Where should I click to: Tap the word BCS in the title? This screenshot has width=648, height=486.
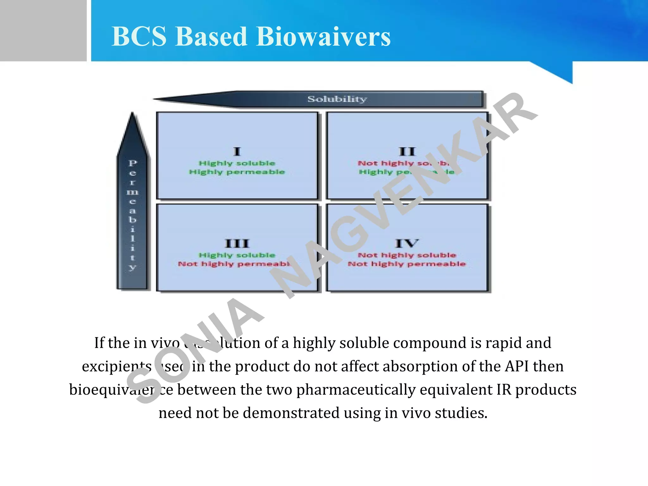coord(139,36)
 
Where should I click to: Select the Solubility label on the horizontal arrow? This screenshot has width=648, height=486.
coord(337,99)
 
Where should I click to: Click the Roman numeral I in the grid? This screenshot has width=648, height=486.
coord(237,152)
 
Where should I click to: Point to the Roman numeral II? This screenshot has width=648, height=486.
coord(407,152)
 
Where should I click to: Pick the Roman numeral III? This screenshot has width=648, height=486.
coord(237,244)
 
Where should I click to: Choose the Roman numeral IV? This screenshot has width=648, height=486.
coord(407,244)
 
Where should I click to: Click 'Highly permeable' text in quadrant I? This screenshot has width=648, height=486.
coord(237,172)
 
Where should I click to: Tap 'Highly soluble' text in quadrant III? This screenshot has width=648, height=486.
coord(237,255)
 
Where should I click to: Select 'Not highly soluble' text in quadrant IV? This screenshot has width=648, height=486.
coord(407,255)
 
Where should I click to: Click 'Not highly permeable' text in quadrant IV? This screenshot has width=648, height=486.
coord(407,264)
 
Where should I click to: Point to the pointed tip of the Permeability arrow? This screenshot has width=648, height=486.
coord(132,113)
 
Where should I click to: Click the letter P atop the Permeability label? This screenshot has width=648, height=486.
coord(133,163)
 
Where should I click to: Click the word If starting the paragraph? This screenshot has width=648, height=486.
coord(99,343)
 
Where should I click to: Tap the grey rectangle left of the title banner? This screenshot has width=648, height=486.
coord(43,30)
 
